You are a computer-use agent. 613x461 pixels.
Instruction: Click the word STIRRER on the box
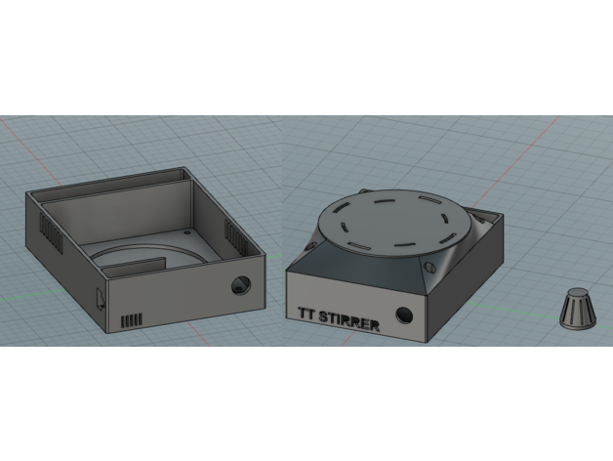click(349, 321)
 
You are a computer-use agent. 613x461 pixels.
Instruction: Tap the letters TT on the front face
click(306, 314)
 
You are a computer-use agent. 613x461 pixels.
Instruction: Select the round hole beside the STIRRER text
click(404, 314)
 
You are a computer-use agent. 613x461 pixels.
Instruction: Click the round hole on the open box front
click(241, 285)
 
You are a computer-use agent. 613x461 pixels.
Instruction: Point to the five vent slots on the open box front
click(132, 321)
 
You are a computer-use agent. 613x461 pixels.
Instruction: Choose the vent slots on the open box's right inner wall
click(236, 236)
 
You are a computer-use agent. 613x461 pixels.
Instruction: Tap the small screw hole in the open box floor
click(186, 232)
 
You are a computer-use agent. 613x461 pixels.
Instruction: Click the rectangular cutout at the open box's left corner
click(101, 299)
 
